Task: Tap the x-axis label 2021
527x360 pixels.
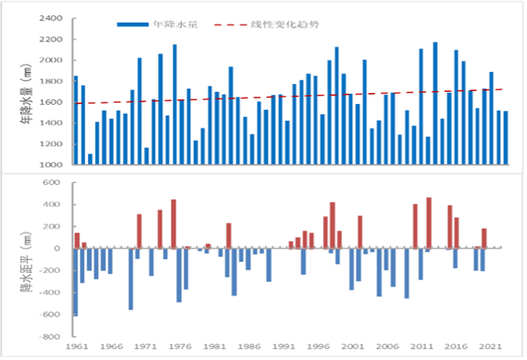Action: click(x=491, y=346)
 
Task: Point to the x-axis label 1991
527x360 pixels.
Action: click(x=283, y=346)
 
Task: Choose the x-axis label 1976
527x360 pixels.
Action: click(x=180, y=346)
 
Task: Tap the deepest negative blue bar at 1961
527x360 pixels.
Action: click(x=76, y=282)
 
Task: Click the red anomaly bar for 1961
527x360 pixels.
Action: click(x=77, y=241)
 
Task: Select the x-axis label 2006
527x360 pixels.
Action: click(x=387, y=346)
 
